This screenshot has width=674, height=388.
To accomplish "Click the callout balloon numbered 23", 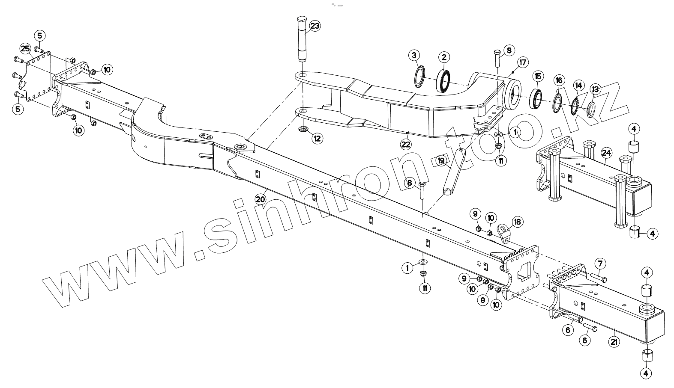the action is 315,26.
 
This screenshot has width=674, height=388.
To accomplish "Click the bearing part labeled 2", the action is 443,80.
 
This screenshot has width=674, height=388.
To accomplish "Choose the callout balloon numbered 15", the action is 538,77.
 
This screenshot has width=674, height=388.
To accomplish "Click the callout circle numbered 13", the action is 595,89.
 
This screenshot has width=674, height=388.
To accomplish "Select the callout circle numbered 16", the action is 559,80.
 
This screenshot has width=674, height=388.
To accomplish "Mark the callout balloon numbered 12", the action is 317,138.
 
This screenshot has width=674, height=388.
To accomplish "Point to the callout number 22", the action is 406,145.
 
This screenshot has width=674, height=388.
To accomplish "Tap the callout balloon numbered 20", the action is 260,199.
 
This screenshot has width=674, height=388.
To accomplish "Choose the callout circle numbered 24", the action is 606,152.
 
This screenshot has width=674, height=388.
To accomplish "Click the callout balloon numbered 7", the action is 599,263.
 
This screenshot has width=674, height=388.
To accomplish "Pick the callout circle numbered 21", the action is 614,341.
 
